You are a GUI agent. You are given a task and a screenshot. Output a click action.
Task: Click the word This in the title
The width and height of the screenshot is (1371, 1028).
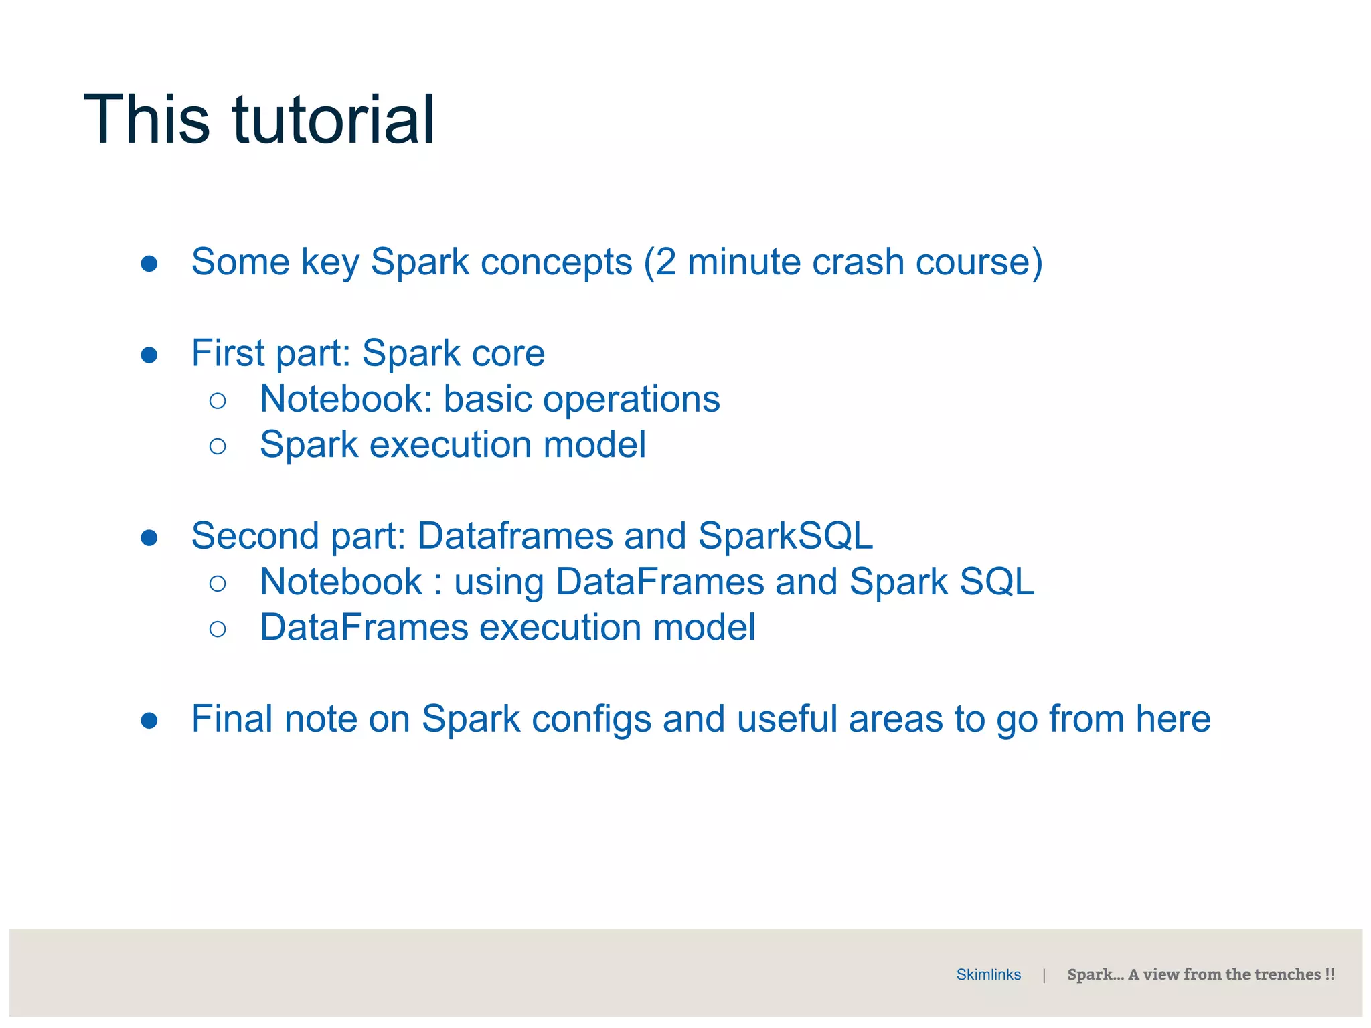point(147,120)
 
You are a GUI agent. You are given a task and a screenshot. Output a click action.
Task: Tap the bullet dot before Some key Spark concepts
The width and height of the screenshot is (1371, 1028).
point(149,263)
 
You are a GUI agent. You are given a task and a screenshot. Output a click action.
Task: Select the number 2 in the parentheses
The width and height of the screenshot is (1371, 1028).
point(665,262)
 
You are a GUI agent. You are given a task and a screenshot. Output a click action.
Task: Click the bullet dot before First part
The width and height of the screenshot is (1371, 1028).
point(149,355)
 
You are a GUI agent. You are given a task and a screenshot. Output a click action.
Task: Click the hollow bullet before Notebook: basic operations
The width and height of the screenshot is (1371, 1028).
point(218,401)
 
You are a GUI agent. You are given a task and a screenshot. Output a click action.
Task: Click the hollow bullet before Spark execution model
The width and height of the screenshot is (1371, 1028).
point(218,446)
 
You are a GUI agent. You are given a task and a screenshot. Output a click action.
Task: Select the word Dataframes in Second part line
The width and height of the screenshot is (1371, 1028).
point(515,536)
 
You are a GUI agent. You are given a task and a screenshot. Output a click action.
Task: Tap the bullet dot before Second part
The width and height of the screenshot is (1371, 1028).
point(149,537)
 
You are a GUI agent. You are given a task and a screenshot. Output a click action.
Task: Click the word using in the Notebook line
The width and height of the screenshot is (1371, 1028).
point(499,583)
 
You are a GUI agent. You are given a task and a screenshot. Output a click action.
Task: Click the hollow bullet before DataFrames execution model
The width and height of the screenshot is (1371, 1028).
point(218,629)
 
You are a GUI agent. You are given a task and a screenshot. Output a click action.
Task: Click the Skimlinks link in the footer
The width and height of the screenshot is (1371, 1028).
point(988,974)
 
